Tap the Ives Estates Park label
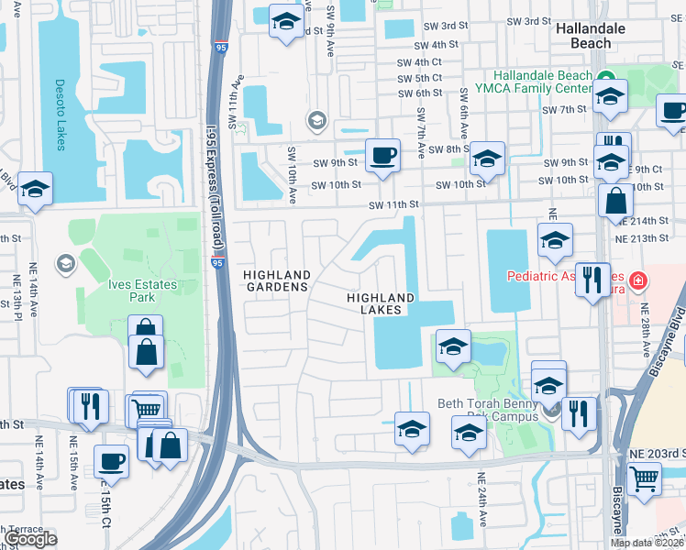142,291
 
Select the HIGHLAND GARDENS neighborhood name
275,280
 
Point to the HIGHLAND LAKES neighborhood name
381,303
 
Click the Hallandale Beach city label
591,36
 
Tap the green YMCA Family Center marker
604,76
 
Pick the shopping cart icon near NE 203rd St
645,478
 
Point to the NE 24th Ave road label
481,500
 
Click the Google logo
31,539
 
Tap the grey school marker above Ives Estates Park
65,264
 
